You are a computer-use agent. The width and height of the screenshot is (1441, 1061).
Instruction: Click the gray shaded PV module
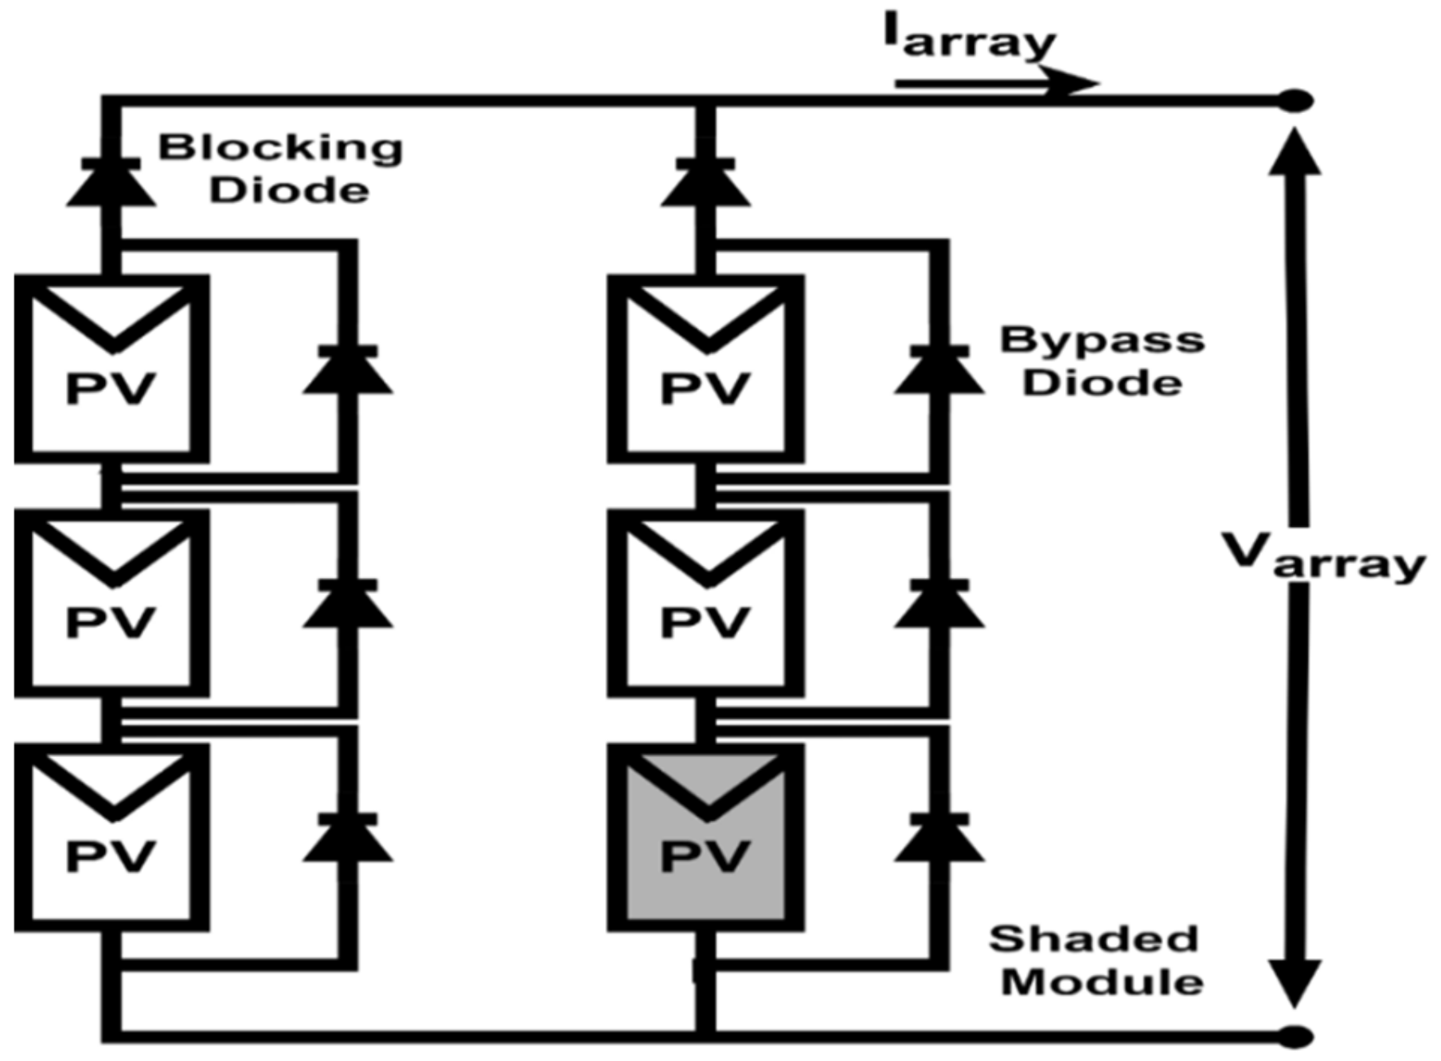pos(706,838)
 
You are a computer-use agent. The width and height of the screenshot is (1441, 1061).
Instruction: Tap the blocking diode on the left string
pos(111,184)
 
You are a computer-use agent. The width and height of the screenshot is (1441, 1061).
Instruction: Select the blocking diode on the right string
pos(705,184)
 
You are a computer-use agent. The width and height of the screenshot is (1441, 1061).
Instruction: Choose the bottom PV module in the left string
pos(111,837)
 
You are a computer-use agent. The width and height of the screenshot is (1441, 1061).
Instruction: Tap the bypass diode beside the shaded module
pos(939,839)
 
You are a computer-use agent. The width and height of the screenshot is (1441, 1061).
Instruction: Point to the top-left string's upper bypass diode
pos(348,371)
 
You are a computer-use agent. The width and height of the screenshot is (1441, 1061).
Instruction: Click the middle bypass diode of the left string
pos(348,605)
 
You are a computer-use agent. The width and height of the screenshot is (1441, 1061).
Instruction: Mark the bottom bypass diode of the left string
pos(348,839)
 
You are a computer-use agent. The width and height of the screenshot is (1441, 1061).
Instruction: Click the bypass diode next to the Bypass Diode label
pos(939,371)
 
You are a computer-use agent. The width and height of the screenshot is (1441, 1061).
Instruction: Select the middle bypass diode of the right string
pos(939,605)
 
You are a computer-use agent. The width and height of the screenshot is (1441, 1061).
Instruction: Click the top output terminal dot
pos(1296,101)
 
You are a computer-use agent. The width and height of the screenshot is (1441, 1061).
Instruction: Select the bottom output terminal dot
pos(1296,1036)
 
